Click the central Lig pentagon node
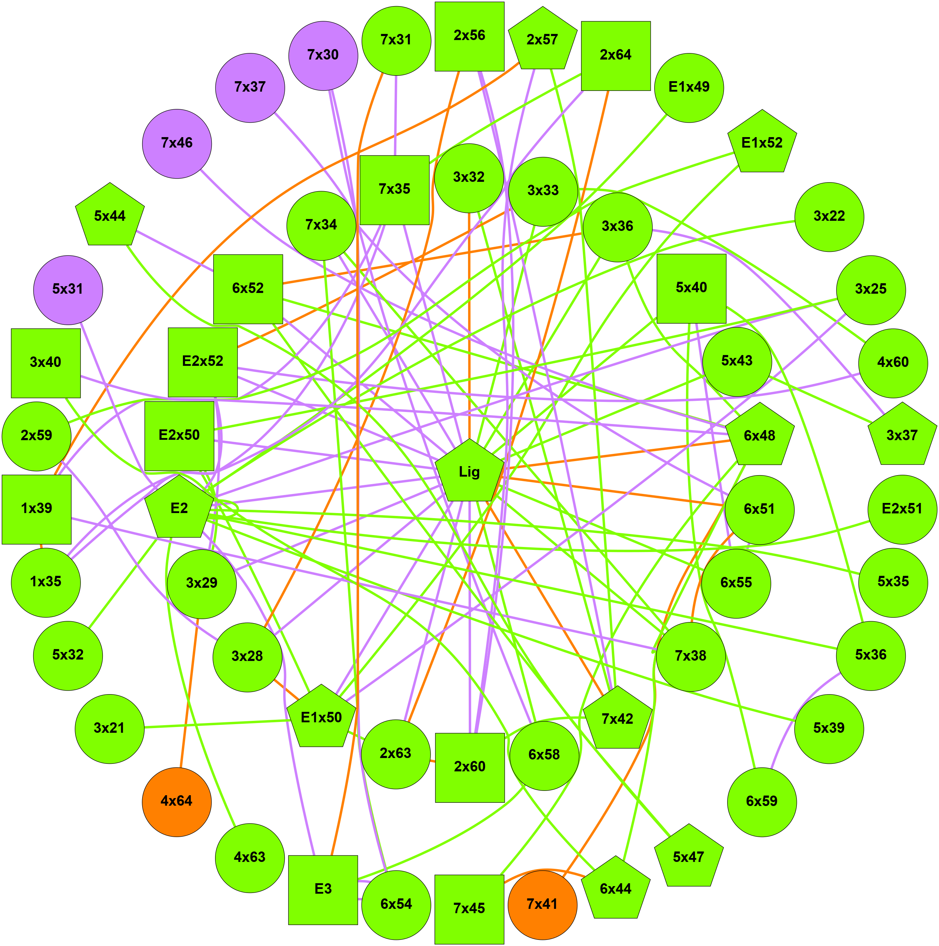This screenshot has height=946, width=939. coord(469,472)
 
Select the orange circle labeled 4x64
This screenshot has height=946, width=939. coord(177,802)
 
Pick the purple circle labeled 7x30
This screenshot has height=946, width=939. coord(323,55)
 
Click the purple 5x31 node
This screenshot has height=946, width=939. coord(68,289)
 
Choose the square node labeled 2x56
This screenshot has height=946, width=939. coord(469,36)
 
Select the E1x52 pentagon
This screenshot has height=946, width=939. coord(762,143)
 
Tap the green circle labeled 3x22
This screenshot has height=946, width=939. coord(829,216)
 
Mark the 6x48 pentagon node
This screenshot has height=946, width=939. coord(759,435)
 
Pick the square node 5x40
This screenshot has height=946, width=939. coord(691,288)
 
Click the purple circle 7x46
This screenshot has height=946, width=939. coord(177,144)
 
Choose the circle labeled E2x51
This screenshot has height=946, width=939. coord(902,509)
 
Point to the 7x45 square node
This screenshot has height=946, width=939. coord(469,909)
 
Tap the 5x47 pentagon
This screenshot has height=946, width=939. coord(688,857)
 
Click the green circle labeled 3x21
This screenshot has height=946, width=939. coord(110,728)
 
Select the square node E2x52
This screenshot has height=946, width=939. coord(203,362)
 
